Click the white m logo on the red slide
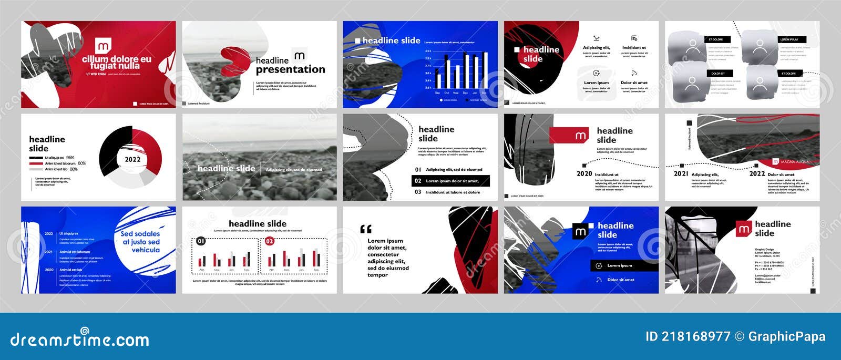(103, 46)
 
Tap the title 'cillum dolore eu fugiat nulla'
(116, 63)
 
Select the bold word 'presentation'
(290, 69)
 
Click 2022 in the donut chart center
(132, 159)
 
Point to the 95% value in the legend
(70, 158)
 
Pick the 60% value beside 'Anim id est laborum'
(81, 163)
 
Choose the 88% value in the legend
(74, 169)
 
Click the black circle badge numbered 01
(201, 241)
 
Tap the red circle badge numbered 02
(269, 241)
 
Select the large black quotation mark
(366, 229)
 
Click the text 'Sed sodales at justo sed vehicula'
(140, 242)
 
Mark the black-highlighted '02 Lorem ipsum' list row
(450, 181)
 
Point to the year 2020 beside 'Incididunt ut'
(584, 173)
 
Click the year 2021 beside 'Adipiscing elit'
(681, 173)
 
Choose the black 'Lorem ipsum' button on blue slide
(624, 265)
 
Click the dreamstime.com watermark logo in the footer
(80, 340)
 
